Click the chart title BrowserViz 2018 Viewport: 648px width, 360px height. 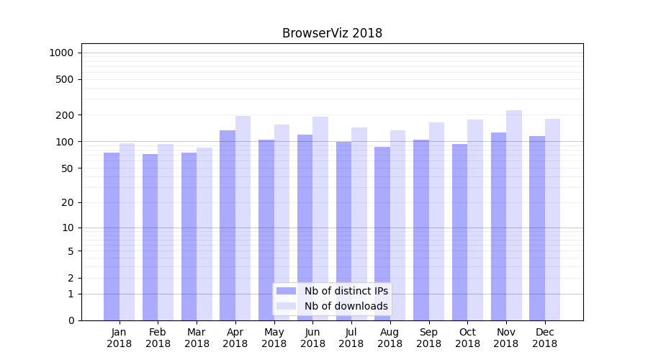[x=332, y=33]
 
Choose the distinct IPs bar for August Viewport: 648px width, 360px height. [x=382, y=233]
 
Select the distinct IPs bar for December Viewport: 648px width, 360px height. [x=537, y=228]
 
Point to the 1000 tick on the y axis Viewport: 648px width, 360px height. [x=61, y=53]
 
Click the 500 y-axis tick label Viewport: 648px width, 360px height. [x=65, y=79]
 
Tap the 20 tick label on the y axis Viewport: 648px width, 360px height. [x=67, y=202]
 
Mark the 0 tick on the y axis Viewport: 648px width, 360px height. [x=70, y=320]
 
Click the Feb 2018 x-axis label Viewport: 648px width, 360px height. [x=158, y=338]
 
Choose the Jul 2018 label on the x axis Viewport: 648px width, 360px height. [x=351, y=338]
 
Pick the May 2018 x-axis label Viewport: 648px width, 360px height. [x=274, y=338]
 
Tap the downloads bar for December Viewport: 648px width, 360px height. [x=552, y=220]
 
